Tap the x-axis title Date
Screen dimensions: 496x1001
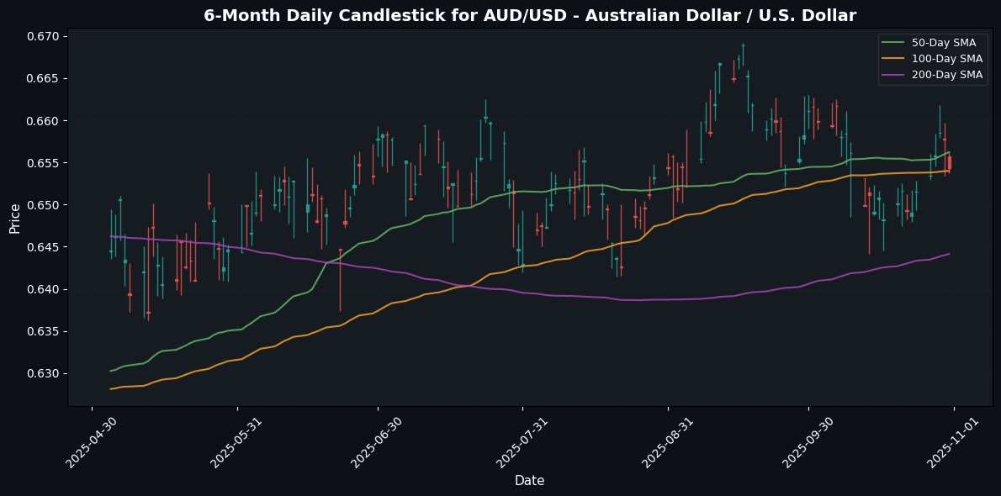[x=529, y=480]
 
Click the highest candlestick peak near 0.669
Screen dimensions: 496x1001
[x=743, y=45]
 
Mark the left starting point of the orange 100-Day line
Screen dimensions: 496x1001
[x=111, y=388]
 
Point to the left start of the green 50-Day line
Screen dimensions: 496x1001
[x=111, y=370]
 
